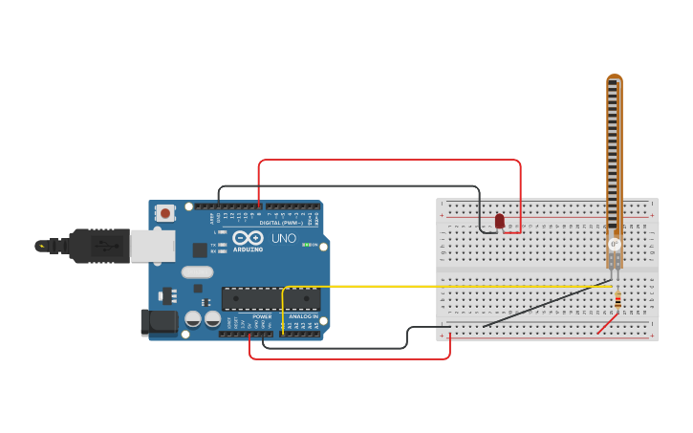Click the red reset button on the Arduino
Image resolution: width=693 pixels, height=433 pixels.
tap(165, 213)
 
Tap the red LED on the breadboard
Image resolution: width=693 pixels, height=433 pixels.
tap(499, 221)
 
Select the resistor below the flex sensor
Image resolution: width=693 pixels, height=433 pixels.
tap(617, 301)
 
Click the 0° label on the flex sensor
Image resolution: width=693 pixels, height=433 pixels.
tap(614, 245)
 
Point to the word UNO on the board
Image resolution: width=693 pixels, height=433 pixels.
tap(284, 238)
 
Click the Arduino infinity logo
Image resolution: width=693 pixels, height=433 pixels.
tap(247, 237)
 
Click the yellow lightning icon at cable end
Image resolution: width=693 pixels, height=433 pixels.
tap(41, 246)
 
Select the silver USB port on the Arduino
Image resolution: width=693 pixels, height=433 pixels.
tap(152, 246)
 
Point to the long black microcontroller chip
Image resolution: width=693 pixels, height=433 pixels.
tap(271, 298)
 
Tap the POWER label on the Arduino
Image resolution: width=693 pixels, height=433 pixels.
tap(262, 316)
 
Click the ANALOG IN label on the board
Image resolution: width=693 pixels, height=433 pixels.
tap(303, 316)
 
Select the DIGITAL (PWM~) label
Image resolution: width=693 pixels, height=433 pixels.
tap(281, 223)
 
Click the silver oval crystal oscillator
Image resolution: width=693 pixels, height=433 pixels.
tap(197, 271)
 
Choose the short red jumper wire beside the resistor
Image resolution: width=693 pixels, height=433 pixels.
tap(605, 325)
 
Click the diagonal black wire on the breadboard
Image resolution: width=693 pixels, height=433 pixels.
tap(545, 304)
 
